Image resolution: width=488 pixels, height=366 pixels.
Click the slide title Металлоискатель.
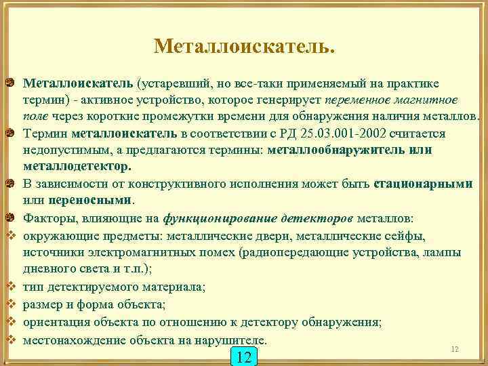click(x=244, y=47)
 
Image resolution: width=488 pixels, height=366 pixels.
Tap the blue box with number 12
click(x=245, y=357)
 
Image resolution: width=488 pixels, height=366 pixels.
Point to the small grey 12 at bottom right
click(x=455, y=349)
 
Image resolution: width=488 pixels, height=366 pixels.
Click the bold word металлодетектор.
click(x=77, y=166)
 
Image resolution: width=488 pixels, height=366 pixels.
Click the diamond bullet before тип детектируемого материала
click(x=11, y=287)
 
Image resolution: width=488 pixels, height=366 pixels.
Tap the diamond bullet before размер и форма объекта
click(x=11, y=304)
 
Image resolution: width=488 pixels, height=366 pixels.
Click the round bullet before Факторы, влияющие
click(x=11, y=218)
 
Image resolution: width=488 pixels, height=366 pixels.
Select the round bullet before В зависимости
click(x=11, y=184)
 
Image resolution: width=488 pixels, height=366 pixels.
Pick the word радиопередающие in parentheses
click(x=293, y=253)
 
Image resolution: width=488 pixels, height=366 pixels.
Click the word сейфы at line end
click(x=407, y=236)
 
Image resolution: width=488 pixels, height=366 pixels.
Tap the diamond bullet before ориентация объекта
click(x=11, y=321)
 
